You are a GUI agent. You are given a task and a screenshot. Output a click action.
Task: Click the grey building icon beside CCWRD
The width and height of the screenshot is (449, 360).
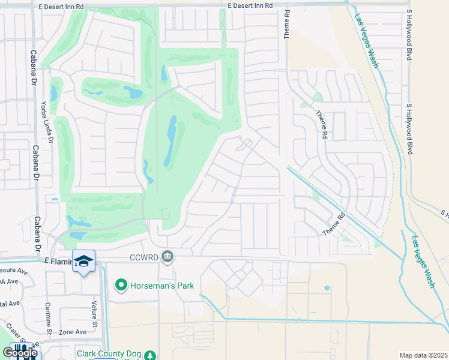pos(167,257)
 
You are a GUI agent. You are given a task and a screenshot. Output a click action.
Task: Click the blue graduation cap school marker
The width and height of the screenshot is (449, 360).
pos(83,261)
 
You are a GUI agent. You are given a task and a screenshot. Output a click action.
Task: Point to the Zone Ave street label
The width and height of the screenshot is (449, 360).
pos(73,331)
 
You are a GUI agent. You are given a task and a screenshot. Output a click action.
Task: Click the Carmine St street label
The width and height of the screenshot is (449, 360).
pos(49,318)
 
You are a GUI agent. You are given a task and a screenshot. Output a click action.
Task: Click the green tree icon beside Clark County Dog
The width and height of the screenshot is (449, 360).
pos(149,355)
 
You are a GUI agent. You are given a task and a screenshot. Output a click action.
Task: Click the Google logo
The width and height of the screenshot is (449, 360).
pos(19,353)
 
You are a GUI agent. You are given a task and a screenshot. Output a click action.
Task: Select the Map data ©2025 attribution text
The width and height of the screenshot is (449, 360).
pos(423,355)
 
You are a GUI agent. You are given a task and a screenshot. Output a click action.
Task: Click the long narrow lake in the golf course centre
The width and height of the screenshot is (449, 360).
pos(171,142)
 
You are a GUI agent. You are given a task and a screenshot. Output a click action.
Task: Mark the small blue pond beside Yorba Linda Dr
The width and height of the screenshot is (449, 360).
pos(54,93)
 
